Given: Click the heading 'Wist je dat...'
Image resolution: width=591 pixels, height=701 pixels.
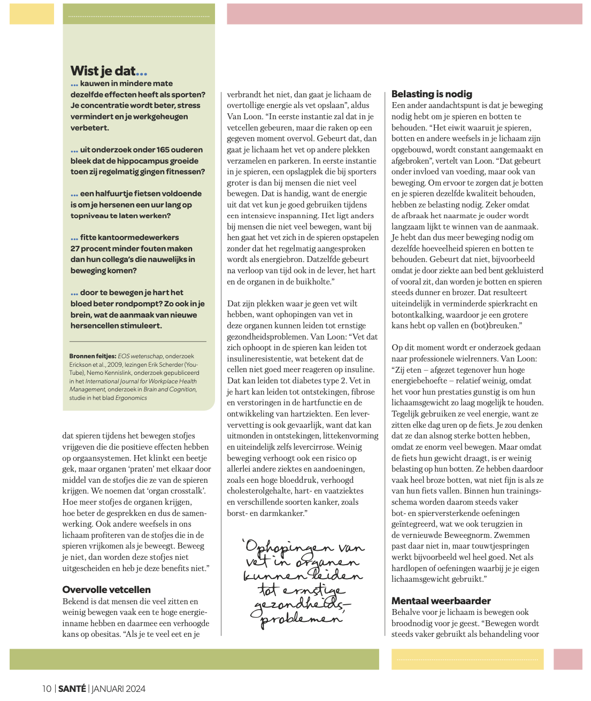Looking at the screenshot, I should click(x=109, y=71).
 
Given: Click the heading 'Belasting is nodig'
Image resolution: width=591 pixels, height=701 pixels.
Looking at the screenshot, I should click(x=432, y=94).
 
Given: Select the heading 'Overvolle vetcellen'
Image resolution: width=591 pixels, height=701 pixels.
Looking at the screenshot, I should click(x=106, y=590).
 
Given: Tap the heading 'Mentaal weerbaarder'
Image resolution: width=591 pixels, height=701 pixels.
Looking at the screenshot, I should click(x=441, y=601).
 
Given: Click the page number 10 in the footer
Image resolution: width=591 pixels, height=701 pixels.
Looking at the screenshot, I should click(x=47, y=689).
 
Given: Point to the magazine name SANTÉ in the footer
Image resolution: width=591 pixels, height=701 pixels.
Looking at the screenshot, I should click(x=72, y=689).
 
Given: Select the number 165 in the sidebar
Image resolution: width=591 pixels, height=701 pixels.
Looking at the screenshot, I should click(x=149, y=150).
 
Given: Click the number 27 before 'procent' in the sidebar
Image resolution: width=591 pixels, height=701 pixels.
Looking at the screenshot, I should click(x=75, y=249).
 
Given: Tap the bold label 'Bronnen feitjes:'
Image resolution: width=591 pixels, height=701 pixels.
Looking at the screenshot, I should click(x=93, y=356).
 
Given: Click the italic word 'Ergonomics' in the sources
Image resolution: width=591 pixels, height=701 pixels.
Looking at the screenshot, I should click(x=131, y=398).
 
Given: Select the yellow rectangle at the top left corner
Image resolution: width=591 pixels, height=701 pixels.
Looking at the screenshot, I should click(x=32, y=14).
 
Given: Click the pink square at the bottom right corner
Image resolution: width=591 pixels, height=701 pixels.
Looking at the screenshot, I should click(x=567, y=659).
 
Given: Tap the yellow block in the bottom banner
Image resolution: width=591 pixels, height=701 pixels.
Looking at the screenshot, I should click(x=467, y=659).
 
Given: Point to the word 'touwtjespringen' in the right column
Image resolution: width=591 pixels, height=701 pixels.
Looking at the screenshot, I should click(x=500, y=546).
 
